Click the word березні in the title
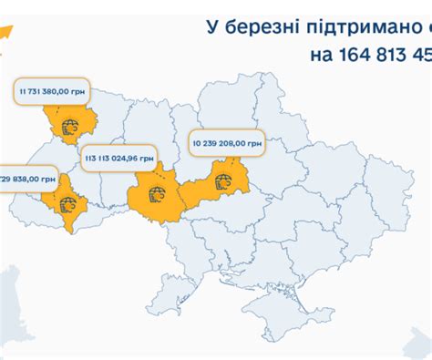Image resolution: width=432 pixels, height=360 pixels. pos(266,27)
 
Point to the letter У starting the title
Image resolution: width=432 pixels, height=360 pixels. pos(211,27)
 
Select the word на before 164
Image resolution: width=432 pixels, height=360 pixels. pos(323,56)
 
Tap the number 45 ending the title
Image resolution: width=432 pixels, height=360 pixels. pos(422,56)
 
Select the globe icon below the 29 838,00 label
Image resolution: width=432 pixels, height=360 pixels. pos(67,205)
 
